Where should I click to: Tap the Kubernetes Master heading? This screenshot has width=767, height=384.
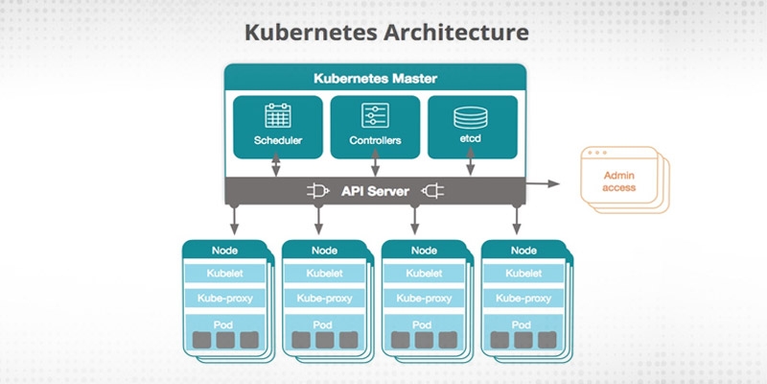[375, 78]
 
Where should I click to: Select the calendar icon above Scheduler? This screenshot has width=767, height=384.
[278, 116]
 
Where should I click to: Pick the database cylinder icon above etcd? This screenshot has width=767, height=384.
[470, 116]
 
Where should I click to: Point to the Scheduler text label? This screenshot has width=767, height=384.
[278, 141]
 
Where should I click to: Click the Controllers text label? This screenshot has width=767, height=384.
[375, 141]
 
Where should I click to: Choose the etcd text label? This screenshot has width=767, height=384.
[470, 141]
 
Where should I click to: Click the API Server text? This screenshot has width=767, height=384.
[375, 191]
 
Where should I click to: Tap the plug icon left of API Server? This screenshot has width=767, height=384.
[318, 191]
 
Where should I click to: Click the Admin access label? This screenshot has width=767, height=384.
[619, 181]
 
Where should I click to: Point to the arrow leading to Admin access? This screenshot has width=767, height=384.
[546, 181]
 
